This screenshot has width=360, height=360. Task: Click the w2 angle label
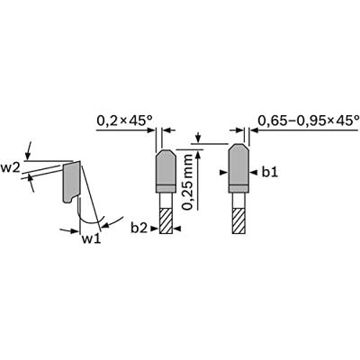point(11,168)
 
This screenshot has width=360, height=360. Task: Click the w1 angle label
point(91,239)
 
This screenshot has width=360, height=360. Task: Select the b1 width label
point(270,172)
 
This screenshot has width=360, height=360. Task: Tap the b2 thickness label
point(139,229)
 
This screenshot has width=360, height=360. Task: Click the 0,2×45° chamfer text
point(124,121)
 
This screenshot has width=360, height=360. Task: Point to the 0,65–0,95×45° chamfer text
point(309,121)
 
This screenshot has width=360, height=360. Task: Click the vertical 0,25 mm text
point(188,182)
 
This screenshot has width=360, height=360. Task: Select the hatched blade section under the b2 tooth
point(166,220)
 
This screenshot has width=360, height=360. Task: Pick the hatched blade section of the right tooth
point(239,220)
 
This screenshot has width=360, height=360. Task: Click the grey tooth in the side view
point(72,182)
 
